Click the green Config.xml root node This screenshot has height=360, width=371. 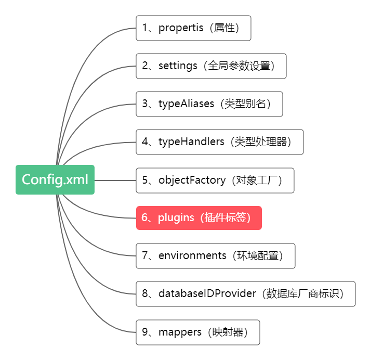55,179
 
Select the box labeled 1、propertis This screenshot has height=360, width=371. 193,28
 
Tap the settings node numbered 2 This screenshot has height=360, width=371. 211,66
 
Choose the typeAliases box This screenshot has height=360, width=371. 209,104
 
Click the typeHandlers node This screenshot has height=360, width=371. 219,142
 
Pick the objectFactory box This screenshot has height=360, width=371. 215,181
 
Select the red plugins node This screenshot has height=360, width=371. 198,218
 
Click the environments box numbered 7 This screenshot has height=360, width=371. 215,256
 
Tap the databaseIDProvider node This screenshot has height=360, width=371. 245,294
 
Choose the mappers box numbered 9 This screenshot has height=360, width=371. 197,332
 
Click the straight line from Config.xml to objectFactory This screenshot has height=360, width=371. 115,181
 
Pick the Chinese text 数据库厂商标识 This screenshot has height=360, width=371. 304,294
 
